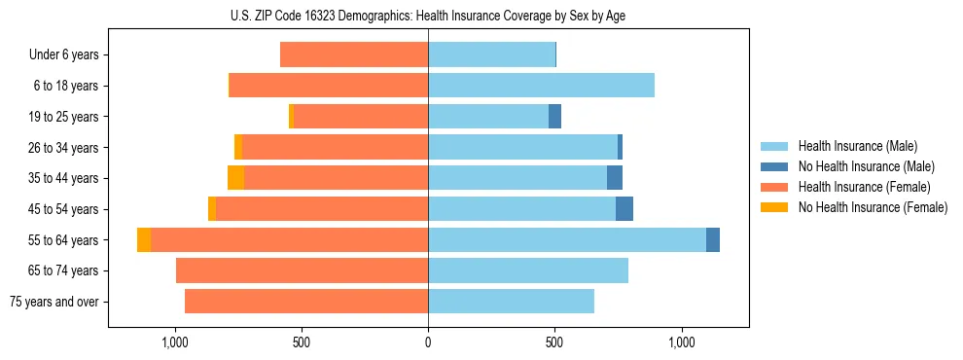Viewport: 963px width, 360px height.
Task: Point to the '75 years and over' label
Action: tap(53, 302)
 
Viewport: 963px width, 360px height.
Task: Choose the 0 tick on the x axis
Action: tap(428, 342)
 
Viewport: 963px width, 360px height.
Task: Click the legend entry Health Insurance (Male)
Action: tap(856, 146)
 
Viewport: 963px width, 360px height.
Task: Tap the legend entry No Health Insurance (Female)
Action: tap(873, 207)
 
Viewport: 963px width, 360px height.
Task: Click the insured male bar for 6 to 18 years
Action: tap(541, 86)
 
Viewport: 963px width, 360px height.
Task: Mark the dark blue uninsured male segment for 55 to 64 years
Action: tap(713, 239)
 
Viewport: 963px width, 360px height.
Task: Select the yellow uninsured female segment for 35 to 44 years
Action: tap(235, 178)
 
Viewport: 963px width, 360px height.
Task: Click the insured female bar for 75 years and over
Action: tap(306, 302)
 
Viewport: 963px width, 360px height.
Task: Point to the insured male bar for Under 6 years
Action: tap(491, 54)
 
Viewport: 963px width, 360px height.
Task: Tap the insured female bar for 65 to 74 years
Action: tap(302, 270)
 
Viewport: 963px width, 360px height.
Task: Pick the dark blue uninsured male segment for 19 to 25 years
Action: tap(554, 117)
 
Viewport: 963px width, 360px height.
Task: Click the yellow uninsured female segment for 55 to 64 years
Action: tap(144, 239)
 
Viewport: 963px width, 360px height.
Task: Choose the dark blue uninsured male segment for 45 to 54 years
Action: tap(624, 209)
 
